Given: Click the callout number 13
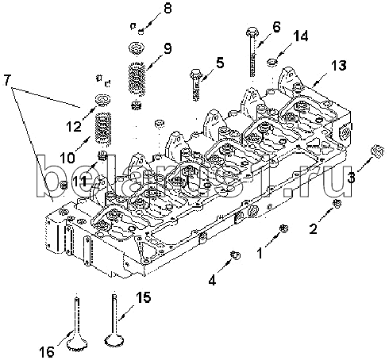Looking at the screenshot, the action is [338, 66].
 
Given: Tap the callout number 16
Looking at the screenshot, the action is [47, 352].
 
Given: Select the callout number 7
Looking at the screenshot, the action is [7, 80].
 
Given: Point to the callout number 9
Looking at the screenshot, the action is [168, 48].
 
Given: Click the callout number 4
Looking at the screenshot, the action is [212, 280].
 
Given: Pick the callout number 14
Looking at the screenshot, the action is [301, 36].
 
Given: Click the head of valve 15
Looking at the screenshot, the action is [114, 339].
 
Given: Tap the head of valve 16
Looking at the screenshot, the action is [77, 345].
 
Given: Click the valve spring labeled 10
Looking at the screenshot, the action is [103, 128].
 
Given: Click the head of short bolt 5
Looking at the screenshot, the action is [195, 72].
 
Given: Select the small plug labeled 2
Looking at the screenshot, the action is [337, 204].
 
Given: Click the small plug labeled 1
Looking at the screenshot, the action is [284, 228].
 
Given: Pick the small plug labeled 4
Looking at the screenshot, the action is [236, 255].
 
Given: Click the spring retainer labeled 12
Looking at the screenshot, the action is [103, 100].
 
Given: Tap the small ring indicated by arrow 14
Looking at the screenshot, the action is [272, 63].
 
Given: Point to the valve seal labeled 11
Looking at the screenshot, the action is [102, 155].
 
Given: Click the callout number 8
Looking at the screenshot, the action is [168, 8].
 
